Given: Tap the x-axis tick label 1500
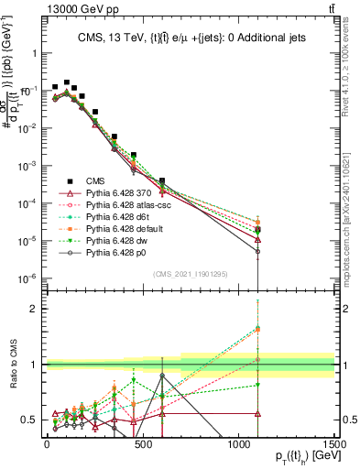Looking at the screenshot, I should tap(333, 444).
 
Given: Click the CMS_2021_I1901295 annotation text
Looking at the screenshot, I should tap(190, 274).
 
